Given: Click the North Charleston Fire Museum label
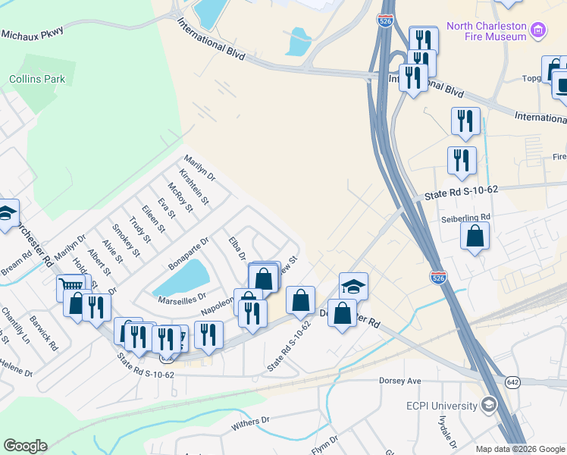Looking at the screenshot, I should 486,30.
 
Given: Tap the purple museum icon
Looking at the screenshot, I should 538,30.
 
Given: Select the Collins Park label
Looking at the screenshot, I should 37,79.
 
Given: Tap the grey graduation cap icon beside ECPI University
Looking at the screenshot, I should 489,406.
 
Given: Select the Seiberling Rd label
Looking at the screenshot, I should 466,216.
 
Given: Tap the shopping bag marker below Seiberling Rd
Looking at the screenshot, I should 475,236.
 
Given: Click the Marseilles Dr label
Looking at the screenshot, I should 181,297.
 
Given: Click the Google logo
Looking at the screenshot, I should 25,446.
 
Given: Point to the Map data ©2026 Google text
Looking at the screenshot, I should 520,449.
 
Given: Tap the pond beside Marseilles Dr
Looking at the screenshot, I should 181,278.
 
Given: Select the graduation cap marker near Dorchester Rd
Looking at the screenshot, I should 353,287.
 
